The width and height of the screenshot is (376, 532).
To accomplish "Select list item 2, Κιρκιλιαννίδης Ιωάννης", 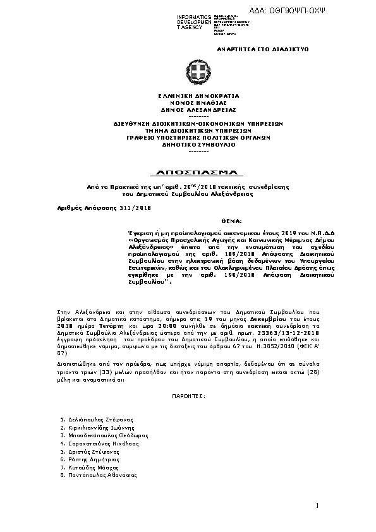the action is (x=100, y=428).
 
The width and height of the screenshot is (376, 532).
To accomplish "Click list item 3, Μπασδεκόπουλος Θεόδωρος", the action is (x=104, y=435).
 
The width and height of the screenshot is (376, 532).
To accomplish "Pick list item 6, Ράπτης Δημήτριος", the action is (x=91, y=459).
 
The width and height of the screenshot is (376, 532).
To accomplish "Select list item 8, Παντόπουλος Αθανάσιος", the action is (x=101, y=475).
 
